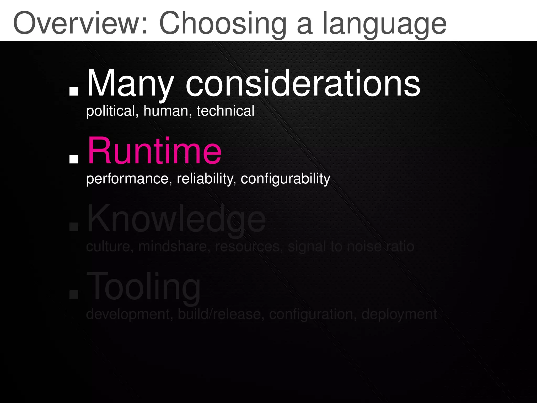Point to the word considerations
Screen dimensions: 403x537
303,83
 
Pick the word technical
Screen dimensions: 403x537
225,111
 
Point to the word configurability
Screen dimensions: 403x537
285,179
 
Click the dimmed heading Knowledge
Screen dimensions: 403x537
176,219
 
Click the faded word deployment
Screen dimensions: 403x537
399,314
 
